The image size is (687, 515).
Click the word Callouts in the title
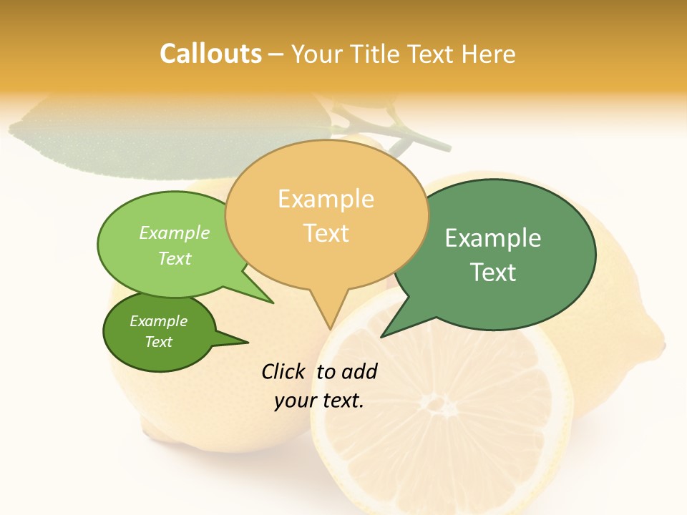pos(210,54)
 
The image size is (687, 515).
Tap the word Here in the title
pos(489,54)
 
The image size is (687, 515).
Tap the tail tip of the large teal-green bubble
pos(382,335)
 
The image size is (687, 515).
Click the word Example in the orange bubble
pos(326,199)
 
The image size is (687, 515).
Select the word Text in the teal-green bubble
pos(493,272)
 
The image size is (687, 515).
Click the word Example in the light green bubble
pos(174,232)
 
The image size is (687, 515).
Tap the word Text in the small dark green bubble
pos(158,341)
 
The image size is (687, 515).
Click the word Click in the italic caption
pos(284,371)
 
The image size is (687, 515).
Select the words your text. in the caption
pos(319,401)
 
